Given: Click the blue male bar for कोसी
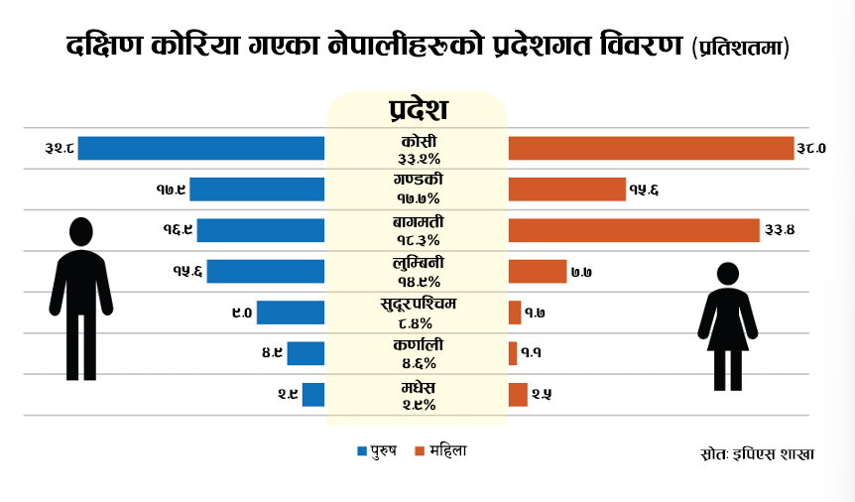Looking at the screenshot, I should point(201,148).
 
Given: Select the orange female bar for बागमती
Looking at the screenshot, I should point(634,230).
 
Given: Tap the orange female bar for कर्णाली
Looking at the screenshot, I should point(513,352).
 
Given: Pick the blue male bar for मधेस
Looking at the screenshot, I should point(313,394).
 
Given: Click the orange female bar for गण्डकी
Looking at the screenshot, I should point(567,189).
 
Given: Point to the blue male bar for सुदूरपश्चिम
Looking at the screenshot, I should point(291,313).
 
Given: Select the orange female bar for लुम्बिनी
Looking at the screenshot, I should point(538,271).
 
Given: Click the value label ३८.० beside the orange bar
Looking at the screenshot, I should point(810,149).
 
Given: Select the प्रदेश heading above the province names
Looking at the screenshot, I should point(418,108).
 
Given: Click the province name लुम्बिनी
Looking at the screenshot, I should point(417,264).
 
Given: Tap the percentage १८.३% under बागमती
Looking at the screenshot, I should point(417,240).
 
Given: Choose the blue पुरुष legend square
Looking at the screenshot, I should point(362,451).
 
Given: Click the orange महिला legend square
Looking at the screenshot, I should point(421,451).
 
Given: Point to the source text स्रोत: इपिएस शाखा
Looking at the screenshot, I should point(756,453).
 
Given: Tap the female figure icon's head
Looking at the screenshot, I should point(728,274).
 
